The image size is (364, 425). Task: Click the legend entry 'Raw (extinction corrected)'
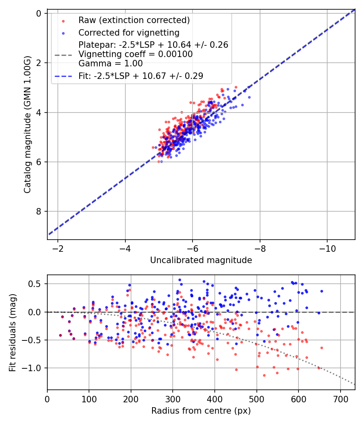(134, 20)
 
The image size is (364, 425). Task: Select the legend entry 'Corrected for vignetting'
(129, 32)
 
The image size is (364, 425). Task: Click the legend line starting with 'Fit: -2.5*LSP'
(141, 76)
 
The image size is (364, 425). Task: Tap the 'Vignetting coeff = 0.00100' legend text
(135, 54)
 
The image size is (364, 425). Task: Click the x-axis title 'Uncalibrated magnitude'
(201, 260)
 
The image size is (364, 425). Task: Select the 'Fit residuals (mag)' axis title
(13, 332)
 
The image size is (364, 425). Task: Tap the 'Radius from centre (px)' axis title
(201, 411)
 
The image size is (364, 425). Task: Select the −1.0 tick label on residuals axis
(34, 368)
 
